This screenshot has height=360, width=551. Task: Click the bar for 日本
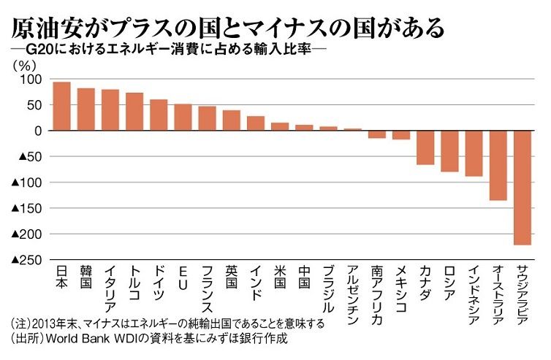pyautogui.click(x=62, y=106)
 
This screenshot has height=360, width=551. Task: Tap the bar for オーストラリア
pyautogui.click(x=498, y=165)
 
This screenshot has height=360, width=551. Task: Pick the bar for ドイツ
pyautogui.click(x=159, y=115)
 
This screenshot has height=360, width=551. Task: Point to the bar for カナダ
pyautogui.click(x=425, y=148)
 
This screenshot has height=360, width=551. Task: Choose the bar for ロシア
pyautogui.click(x=449, y=151)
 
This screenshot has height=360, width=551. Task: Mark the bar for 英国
pyautogui.click(x=232, y=120)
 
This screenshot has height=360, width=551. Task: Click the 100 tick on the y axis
pyautogui.click(x=34, y=79)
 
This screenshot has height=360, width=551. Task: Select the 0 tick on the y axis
pyautogui.click(x=39, y=131)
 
